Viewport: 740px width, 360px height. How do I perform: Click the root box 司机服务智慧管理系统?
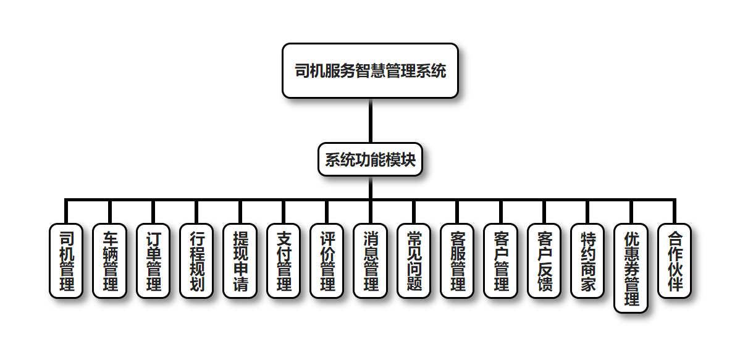point(370,70)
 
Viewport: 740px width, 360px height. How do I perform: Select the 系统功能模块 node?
point(370,160)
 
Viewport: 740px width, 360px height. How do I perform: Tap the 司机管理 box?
point(65,261)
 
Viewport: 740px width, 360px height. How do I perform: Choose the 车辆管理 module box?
point(109,261)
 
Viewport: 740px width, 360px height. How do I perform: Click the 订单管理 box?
point(153,261)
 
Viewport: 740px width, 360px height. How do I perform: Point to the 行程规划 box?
point(196,261)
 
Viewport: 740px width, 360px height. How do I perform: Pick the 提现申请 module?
point(240,261)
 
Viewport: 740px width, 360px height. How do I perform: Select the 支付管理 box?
point(283,261)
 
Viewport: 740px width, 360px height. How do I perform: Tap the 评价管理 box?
point(327,261)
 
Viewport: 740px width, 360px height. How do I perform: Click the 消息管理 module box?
point(370,261)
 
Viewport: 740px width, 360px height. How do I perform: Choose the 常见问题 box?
point(413,261)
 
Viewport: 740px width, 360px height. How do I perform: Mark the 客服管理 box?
point(457,261)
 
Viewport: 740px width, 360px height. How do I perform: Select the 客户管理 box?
point(500,261)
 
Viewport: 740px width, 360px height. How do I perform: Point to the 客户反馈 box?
point(544,261)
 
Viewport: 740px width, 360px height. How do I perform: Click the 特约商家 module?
point(587,261)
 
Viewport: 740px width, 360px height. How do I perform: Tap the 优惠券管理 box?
point(631,268)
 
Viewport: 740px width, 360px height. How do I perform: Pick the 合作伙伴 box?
point(674,261)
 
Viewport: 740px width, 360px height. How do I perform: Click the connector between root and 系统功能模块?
point(370,120)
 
